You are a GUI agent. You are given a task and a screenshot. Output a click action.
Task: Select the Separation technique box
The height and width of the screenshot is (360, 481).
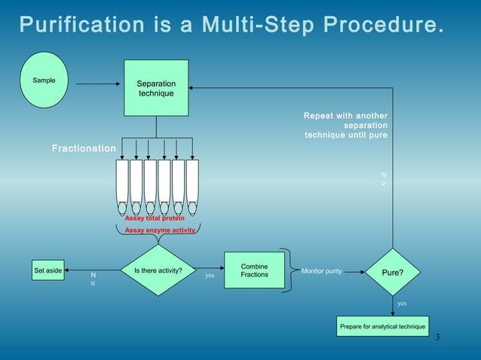click(156, 88)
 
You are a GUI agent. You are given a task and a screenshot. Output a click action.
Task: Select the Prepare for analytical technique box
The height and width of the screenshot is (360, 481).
click(383, 326)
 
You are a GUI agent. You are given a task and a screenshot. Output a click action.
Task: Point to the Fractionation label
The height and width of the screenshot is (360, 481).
click(83, 149)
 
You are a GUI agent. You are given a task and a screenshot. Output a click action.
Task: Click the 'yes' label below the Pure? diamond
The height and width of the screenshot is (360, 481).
click(402, 303)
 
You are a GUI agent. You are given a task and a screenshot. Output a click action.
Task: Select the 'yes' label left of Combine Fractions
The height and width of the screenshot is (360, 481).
click(210, 276)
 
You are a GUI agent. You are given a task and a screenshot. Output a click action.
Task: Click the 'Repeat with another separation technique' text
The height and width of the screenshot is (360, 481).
click(346, 126)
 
